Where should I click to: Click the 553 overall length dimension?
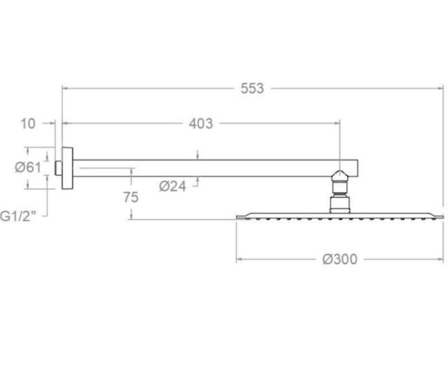pyautogui.click(x=253, y=88)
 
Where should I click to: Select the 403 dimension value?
pyautogui.click(x=201, y=124)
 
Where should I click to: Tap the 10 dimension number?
pyautogui.click(x=27, y=124)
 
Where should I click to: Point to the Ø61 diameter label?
pyautogui.click(x=28, y=167)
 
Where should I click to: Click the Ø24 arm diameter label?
pyautogui.click(x=172, y=186)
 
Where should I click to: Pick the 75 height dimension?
pyautogui.click(x=131, y=197)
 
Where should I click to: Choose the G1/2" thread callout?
pyautogui.click(x=18, y=216)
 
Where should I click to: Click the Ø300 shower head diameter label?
pyautogui.click(x=340, y=259)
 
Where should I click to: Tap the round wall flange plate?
pyautogui.click(x=67, y=168)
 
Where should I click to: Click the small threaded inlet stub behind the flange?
pyautogui.click(x=58, y=168)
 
